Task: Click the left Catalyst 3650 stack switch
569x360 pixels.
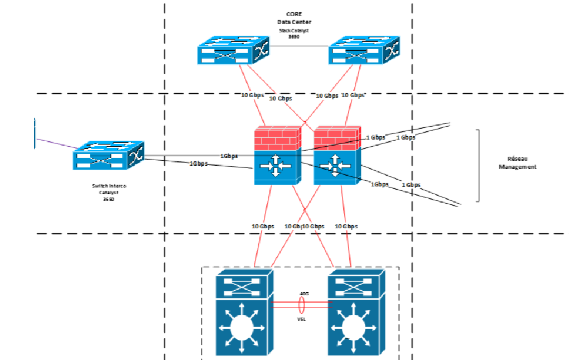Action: click(x=232, y=51)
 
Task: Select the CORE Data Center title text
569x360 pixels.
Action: click(x=294, y=18)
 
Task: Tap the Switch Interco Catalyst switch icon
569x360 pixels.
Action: click(x=108, y=156)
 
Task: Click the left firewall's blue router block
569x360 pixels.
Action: click(x=277, y=166)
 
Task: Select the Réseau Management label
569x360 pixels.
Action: click(x=517, y=163)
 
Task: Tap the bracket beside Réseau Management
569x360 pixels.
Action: click(x=478, y=165)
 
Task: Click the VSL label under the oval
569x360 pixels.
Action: click(x=301, y=319)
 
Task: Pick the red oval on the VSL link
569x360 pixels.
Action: click(x=302, y=305)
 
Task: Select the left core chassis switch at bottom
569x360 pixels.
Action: click(x=243, y=313)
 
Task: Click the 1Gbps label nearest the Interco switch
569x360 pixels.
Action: click(x=199, y=164)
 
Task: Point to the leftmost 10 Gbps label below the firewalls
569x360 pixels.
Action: click(x=262, y=226)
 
